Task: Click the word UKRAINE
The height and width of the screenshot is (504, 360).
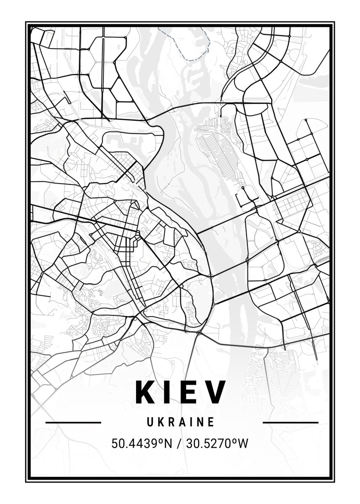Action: pyautogui.click(x=181, y=422)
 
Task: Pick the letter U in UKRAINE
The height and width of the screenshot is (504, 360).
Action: pyautogui.click(x=150, y=422)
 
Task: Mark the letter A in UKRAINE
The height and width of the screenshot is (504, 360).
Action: pyautogui.click(x=181, y=422)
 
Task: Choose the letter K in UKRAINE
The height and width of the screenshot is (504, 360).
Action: pyautogui.click(x=160, y=422)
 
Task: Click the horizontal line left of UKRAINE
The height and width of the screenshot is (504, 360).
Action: pyautogui.click(x=73, y=422)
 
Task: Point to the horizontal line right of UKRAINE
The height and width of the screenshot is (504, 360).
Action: pyautogui.click(x=290, y=422)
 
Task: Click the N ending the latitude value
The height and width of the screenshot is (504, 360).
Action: pyautogui.click(x=168, y=443)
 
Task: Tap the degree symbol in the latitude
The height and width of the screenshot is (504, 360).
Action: pyautogui.click(x=161, y=441)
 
